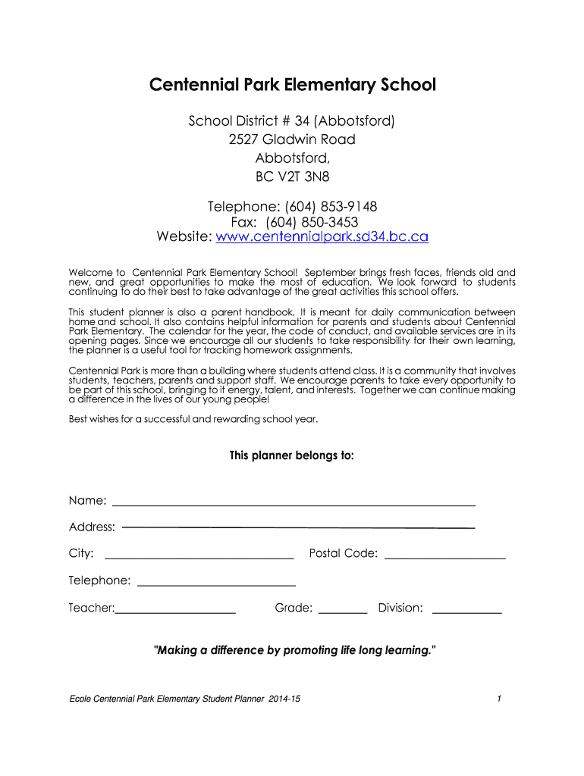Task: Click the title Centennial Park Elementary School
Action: coord(292,85)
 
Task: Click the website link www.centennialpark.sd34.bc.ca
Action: coord(322,237)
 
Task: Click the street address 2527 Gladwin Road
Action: coord(292,139)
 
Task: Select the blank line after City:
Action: coord(198,557)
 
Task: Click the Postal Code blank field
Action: coord(445,557)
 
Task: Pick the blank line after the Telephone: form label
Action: coord(216,584)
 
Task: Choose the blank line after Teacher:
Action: coord(175,611)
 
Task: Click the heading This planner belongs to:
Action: coord(292,456)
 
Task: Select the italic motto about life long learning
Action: coord(295,650)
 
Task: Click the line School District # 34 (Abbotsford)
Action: coord(292,121)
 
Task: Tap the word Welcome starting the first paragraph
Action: coord(86,272)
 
